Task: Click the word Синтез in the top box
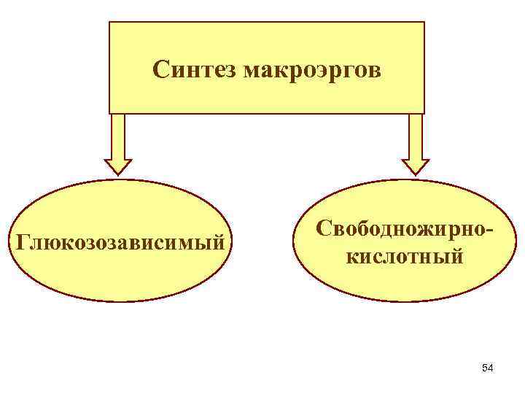point(196,70)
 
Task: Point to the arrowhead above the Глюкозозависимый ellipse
point(118,169)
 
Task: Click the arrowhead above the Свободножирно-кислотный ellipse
point(416,166)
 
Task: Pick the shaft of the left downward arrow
point(118,136)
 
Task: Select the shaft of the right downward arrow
point(416,135)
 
